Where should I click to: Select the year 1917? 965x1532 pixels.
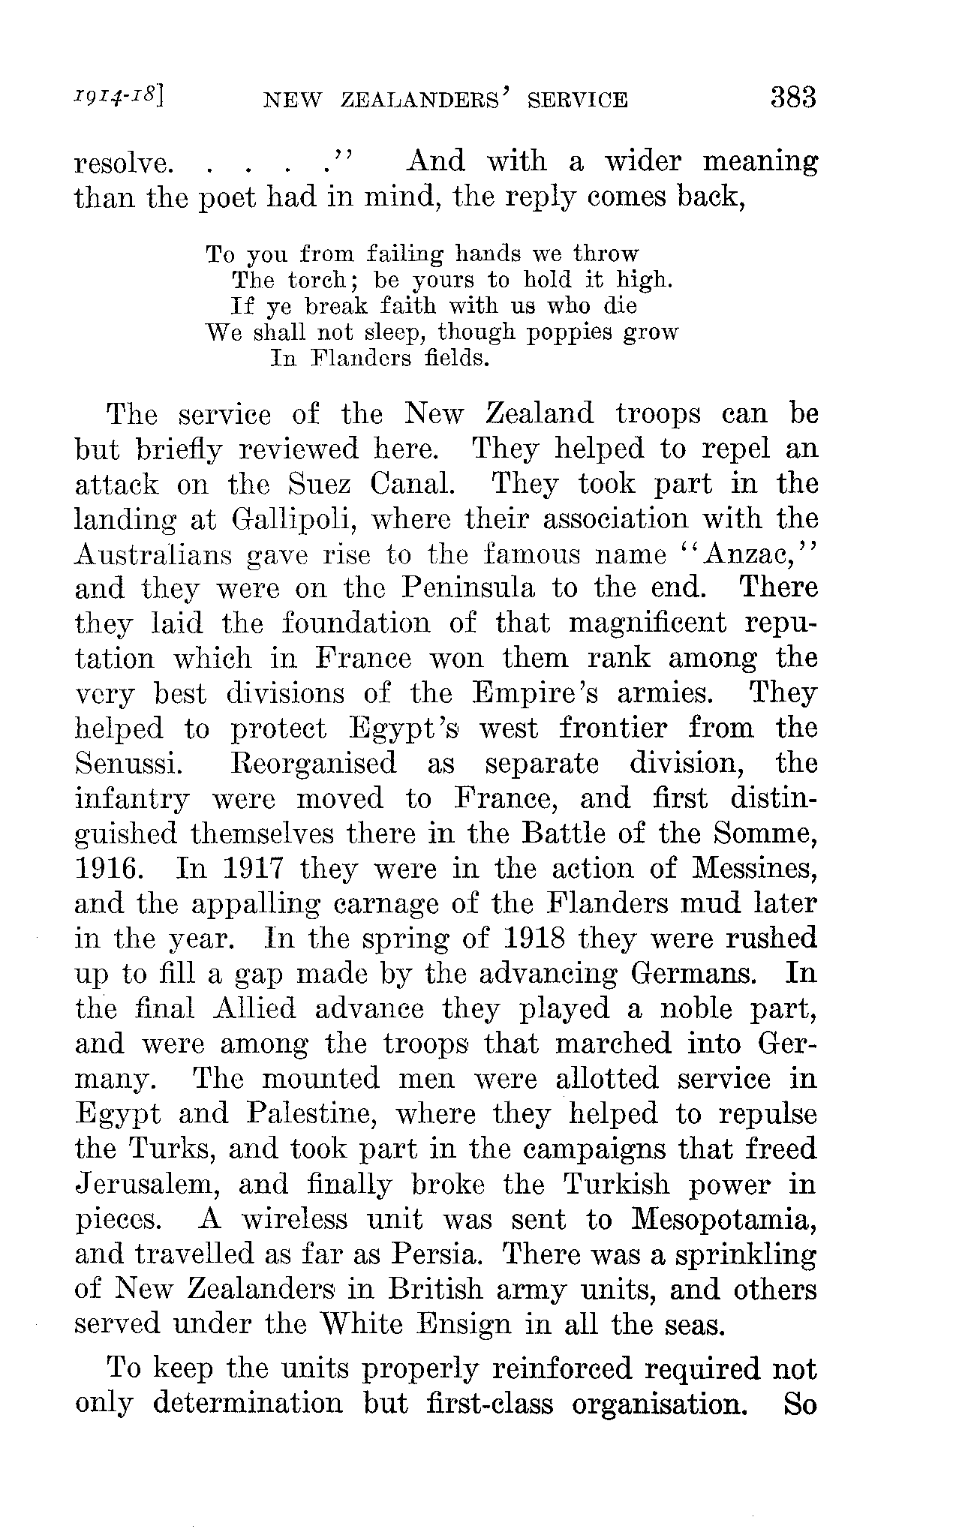(x=230, y=869)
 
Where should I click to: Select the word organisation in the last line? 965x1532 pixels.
(x=658, y=1404)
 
